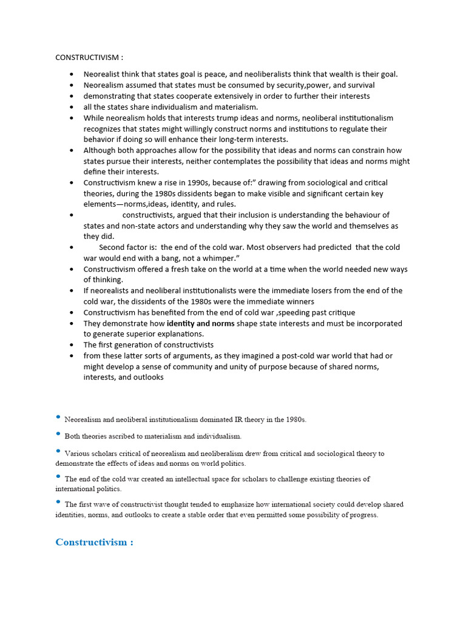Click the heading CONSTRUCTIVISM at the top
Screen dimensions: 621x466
[x=89, y=58]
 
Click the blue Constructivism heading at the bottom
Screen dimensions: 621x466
[x=94, y=542]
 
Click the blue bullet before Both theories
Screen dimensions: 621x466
[x=58, y=435]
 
